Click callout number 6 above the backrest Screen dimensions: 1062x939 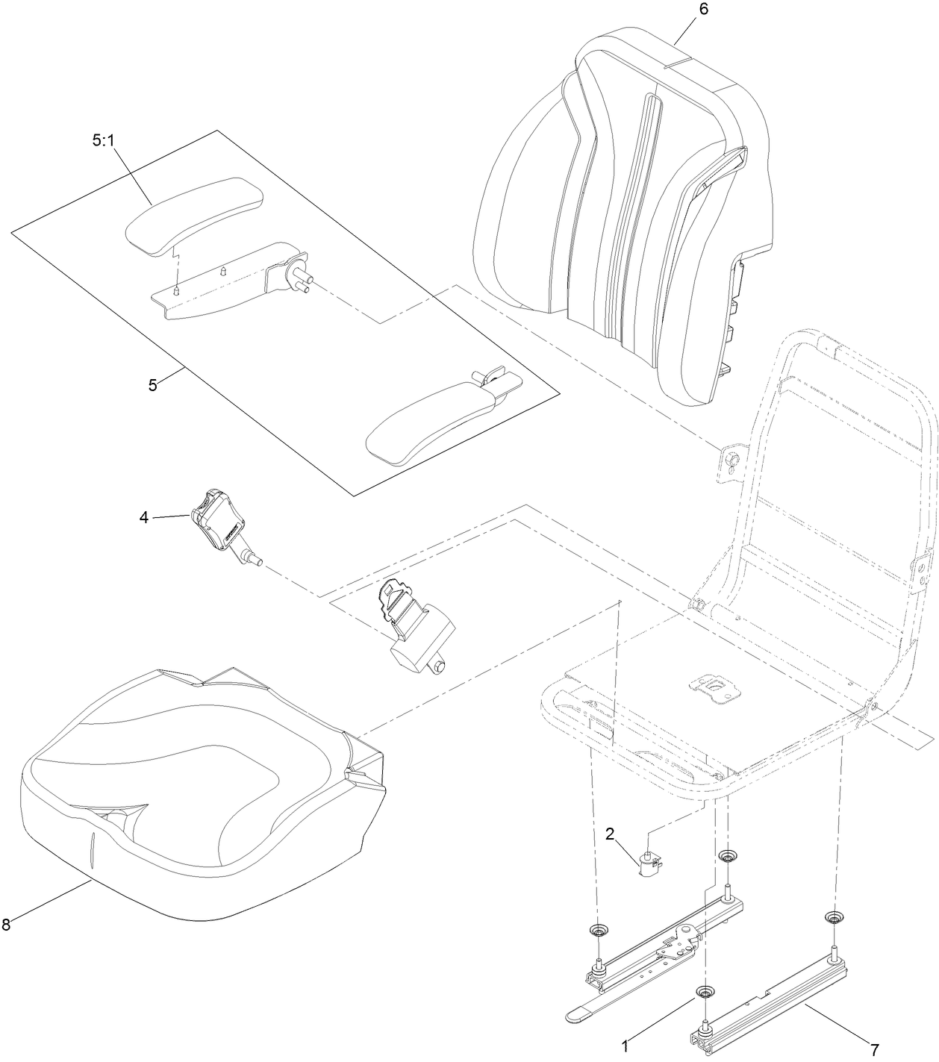point(702,10)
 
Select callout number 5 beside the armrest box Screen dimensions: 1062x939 point(152,385)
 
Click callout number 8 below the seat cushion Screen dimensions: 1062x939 point(6,925)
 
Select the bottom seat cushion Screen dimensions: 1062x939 point(194,791)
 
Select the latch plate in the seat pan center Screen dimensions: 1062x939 point(715,687)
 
